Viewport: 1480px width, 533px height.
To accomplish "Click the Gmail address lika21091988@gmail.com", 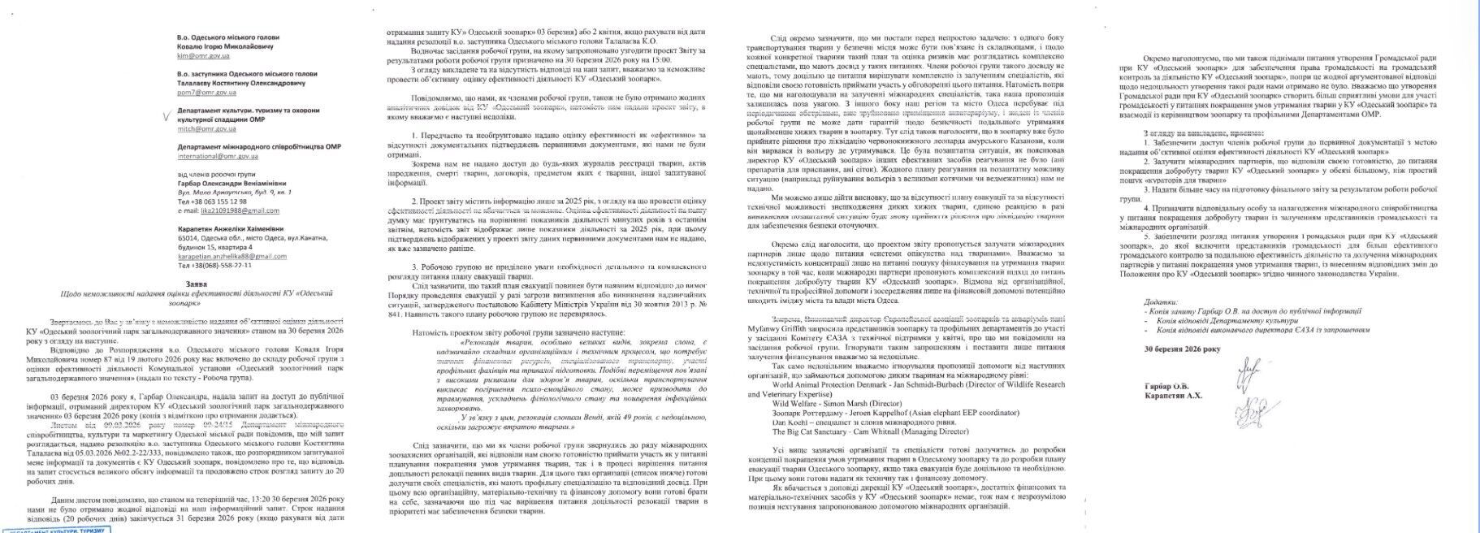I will [224, 211].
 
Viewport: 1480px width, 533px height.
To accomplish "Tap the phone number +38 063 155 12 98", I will [212, 201].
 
